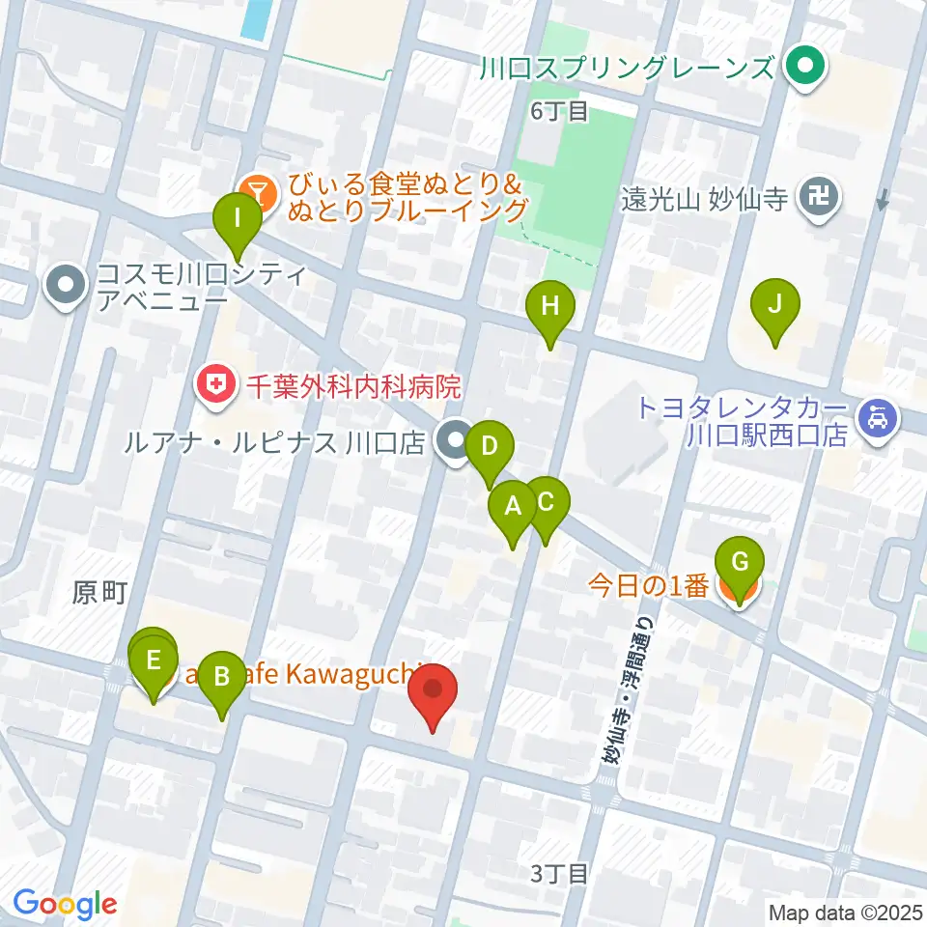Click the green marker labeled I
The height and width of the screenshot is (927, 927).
(237, 220)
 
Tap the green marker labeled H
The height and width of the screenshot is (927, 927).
(549, 307)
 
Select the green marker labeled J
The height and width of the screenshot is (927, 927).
(774, 305)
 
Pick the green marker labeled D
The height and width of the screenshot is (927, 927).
(490, 448)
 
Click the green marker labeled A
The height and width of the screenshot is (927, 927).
(513, 507)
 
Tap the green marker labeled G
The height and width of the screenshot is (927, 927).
(740, 563)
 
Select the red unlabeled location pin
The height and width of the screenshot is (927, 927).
(432, 691)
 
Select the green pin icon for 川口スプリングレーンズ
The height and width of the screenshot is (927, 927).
(803, 68)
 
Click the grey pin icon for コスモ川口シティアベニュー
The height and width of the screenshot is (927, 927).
(68, 287)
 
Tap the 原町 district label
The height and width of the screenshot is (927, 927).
(99, 593)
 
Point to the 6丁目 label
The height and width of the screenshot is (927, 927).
(559, 111)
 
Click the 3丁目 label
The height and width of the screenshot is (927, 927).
(559, 875)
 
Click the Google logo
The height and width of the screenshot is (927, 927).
(65, 904)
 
